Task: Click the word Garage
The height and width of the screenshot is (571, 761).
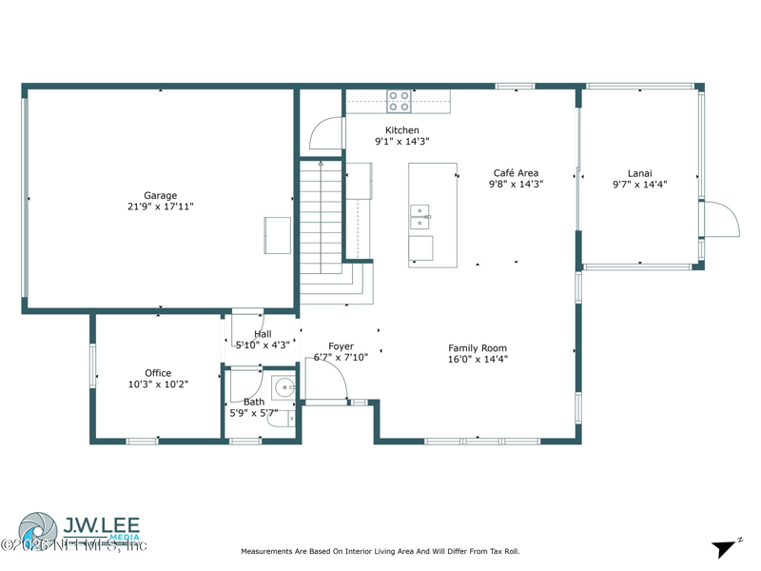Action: point(160,195)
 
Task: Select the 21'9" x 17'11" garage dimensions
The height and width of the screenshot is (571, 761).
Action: point(160,207)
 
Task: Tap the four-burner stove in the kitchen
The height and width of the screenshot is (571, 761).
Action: point(399,102)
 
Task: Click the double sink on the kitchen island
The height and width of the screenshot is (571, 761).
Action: point(420,217)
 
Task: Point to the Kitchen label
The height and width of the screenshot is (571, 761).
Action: point(401,130)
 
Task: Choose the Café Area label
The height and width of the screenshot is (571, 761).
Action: point(516,173)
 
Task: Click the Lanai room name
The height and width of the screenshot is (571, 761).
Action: point(639,173)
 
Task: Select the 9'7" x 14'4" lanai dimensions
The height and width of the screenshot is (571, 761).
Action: point(639,185)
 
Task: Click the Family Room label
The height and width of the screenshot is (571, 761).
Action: point(478,348)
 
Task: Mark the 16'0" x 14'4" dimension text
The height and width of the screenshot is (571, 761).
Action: point(478,360)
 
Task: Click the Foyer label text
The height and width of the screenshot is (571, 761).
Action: point(341,346)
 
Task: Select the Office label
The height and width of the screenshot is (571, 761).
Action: point(158,373)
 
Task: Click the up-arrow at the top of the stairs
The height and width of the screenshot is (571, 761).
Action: point(321,165)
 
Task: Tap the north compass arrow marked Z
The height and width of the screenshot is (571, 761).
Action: point(725,548)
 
